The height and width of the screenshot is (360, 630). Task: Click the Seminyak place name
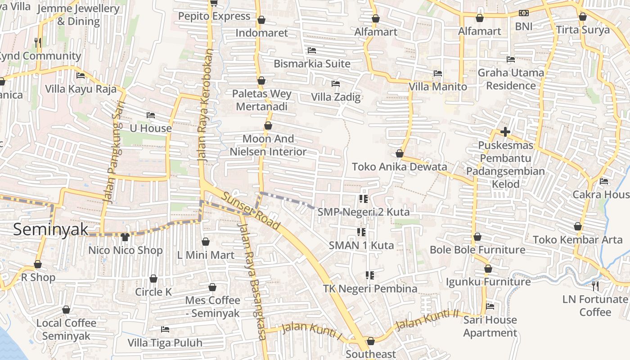(50, 229)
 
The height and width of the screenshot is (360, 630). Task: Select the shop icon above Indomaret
(261, 20)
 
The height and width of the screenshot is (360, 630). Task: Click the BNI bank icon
(523, 13)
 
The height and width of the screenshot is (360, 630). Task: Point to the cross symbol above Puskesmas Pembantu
(505, 132)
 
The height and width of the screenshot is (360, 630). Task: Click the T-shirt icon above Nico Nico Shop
(125, 237)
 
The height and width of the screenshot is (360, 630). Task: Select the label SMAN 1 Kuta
(361, 245)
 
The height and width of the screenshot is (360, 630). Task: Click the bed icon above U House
(151, 116)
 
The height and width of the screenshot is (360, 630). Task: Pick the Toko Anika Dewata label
(399, 167)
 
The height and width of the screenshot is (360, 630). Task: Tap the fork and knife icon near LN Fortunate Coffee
(595, 286)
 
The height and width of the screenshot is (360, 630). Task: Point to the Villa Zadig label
(336, 97)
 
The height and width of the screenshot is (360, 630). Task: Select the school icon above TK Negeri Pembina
(370, 275)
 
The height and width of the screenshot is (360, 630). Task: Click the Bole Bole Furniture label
(477, 250)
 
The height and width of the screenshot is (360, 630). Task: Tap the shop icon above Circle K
(153, 279)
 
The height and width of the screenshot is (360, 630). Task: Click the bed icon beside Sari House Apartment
(490, 306)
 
